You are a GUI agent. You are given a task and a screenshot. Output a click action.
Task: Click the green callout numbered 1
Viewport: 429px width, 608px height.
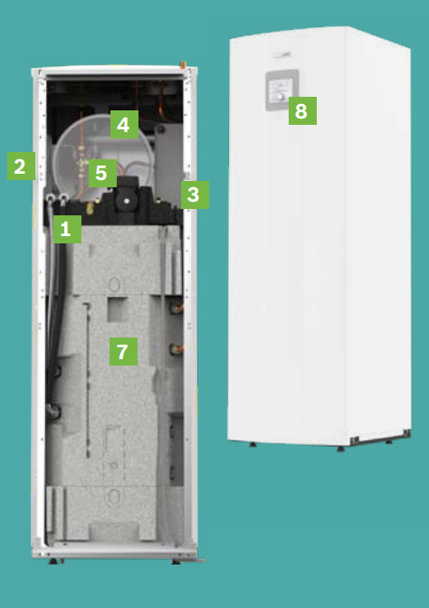click(67, 229)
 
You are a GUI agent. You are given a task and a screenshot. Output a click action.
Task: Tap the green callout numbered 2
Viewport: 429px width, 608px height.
click(22, 166)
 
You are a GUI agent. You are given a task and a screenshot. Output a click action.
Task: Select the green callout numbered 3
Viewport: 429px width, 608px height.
click(195, 195)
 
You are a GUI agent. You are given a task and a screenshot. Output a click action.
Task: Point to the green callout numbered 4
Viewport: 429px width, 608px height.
click(124, 125)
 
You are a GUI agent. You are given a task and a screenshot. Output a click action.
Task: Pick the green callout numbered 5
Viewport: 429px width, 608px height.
click(102, 173)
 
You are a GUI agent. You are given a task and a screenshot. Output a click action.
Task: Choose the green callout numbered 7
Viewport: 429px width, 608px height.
click(123, 351)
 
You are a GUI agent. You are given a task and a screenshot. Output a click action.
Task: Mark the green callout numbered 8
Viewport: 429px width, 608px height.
click(302, 111)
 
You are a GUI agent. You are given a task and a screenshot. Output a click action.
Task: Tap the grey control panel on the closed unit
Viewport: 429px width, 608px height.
click(281, 90)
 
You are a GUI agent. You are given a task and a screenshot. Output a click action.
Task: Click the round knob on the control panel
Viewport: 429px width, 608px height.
click(280, 97)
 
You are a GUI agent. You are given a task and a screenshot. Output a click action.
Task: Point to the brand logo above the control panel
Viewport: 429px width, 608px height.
click(281, 55)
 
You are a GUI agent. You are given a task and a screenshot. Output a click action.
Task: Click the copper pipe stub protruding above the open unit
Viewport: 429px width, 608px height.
click(183, 64)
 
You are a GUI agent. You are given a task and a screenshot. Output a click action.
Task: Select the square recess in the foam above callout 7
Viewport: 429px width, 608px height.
click(118, 309)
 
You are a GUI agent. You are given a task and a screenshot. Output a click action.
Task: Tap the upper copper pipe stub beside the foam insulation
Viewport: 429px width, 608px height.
click(176, 308)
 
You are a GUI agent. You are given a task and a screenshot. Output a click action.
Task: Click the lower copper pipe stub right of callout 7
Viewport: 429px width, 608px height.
click(176, 349)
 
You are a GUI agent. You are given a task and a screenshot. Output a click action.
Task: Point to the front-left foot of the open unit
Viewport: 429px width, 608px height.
click(53, 561)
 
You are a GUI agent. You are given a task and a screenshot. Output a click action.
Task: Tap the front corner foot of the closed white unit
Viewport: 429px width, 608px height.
click(340, 449)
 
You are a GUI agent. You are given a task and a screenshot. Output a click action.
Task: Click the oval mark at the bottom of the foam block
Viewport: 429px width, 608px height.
click(114, 496)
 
